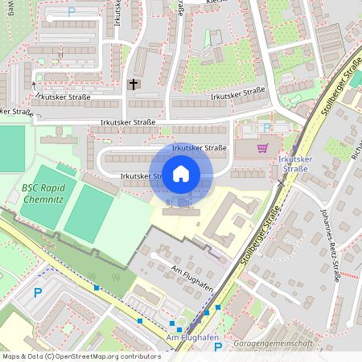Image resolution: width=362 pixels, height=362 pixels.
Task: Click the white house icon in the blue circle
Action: click(181, 174)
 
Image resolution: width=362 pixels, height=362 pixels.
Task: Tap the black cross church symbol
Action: click(134, 84)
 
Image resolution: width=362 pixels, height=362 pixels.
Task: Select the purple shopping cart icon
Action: click(262, 147)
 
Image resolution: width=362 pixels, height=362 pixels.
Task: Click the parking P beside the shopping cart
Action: click(267, 127)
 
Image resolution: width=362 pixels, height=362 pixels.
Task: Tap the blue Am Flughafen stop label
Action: click(191, 338)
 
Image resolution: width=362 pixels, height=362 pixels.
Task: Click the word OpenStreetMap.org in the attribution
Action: click(88, 356)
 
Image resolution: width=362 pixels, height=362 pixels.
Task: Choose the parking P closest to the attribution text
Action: click(217, 348)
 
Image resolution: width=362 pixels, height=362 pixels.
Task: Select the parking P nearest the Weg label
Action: click(71, 12)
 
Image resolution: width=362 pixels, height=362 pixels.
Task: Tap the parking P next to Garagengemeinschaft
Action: click(217, 348)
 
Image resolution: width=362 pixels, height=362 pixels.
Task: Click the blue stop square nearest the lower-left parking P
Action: click(97, 287)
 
